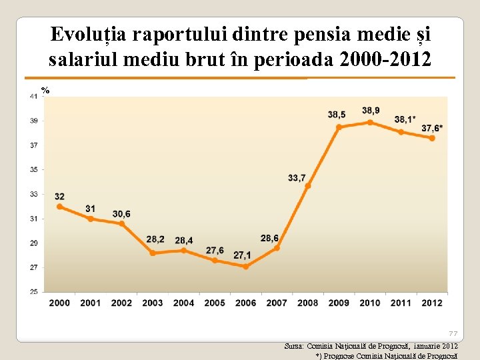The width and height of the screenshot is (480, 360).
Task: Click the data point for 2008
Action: pyautogui.click(x=308, y=185)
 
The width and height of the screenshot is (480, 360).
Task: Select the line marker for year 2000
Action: pyautogui.click(x=60, y=207)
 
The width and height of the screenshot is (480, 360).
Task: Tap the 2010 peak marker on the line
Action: pyautogui.click(x=370, y=123)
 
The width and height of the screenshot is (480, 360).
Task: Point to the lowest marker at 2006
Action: pyautogui.click(x=245, y=266)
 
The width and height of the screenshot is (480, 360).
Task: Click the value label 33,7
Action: pyautogui.click(x=297, y=177)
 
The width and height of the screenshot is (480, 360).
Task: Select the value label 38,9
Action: pyautogui.click(x=371, y=110)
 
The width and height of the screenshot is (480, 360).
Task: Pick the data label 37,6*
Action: pyautogui.click(x=433, y=128)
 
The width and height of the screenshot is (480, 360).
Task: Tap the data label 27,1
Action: pyautogui.click(x=242, y=255)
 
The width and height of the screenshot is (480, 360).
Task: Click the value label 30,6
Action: pyautogui.click(x=121, y=214)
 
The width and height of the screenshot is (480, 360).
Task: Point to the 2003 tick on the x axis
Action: pyautogui.click(x=153, y=303)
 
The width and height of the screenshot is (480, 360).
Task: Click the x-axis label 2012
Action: pyautogui.click(x=432, y=303)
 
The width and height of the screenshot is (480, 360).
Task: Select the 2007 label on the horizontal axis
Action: pyautogui.click(x=277, y=303)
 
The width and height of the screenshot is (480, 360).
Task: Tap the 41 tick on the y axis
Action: pyautogui.click(x=33, y=96)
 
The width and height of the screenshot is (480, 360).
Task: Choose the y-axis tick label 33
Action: pyautogui.click(x=33, y=194)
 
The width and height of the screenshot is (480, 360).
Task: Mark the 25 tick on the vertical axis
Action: pyautogui.click(x=33, y=291)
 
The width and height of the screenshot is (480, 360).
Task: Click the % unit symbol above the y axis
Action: pyautogui.click(x=45, y=90)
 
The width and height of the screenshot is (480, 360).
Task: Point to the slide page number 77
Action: pyautogui.click(x=453, y=333)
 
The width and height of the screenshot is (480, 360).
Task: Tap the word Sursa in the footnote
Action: pyautogui.click(x=293, y=347)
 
